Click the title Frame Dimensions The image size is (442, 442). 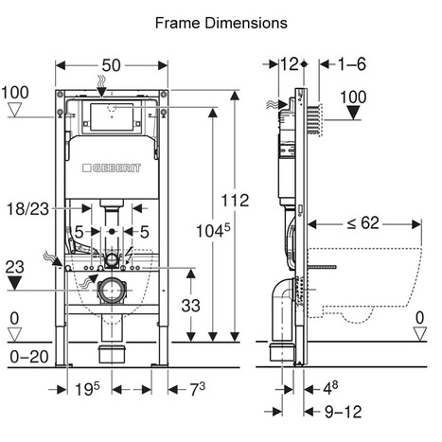click(221, 20)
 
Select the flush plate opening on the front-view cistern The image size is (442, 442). click(113, 121)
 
